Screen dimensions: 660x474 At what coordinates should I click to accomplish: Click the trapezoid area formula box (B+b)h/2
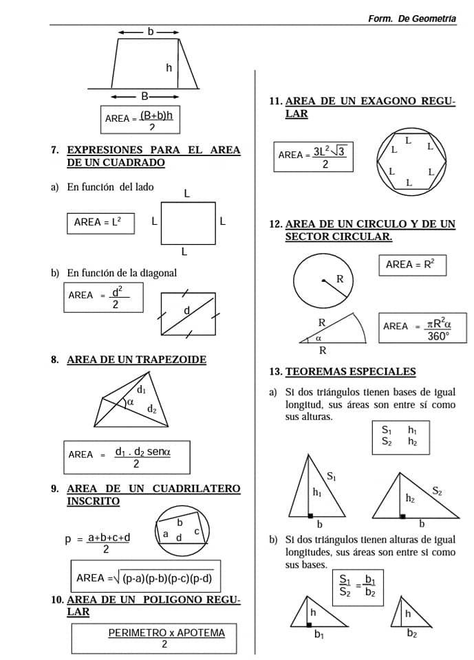pos(140,119)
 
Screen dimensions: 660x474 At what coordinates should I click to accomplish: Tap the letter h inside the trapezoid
pos(169,67)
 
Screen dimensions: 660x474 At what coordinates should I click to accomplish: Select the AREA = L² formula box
pos(100,223)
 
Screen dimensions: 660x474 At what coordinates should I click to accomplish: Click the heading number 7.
pos(54,150)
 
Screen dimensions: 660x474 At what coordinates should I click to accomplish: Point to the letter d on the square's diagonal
pos(186,311)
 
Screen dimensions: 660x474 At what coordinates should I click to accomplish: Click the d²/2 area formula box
pos(104,297)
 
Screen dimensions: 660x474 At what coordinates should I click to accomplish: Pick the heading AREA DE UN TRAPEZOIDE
pos(136,360)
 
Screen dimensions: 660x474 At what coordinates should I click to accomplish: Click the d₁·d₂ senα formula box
pos(127,456)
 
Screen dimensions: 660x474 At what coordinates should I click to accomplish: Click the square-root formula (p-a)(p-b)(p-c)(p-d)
pos(145,577)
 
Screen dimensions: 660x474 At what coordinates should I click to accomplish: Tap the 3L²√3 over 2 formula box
pos(313,157)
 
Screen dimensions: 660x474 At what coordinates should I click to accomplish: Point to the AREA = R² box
pos(411,265)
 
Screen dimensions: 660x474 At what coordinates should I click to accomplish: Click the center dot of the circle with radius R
pos(323,280)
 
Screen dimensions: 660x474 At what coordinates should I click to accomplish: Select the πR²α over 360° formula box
pos(416,329)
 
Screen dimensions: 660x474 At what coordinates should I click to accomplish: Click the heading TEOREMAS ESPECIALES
pos(350,372)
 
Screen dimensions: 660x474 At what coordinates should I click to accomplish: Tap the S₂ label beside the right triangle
pos(438,490)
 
